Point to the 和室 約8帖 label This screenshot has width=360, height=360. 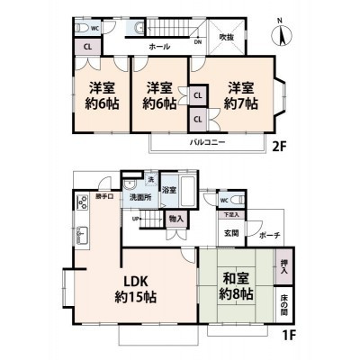(x=232, y=285)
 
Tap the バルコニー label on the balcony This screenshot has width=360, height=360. (x=207, y=142)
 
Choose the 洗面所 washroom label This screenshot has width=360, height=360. (x=139, y=197)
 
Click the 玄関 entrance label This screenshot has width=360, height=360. (x=231, y=233)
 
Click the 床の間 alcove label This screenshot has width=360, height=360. (x=283, y=307)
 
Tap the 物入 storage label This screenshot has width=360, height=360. (x=175, y=218)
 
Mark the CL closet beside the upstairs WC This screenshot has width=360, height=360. (x=87, y=48)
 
